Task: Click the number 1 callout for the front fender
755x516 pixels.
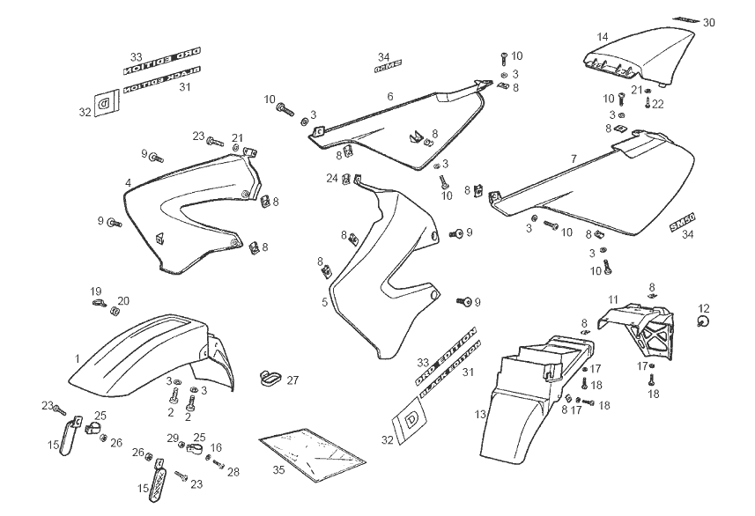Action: (x=78, y=358)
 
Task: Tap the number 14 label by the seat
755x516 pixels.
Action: (x=603, y=37)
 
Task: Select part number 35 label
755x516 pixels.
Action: (x=278, y=470)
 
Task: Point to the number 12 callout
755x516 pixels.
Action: (x=703, y=307)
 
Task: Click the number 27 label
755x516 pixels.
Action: (x=292, y=380)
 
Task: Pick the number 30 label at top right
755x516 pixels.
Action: (x=709, y=23)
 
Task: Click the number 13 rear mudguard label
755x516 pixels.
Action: (x=480, y=413)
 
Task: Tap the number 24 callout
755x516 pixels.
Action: (x=331, y=179)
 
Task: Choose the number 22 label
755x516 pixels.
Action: (x=658, y=104)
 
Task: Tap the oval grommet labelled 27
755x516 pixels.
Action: (x=270, y=379)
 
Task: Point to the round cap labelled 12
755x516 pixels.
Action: (x=703, y=322)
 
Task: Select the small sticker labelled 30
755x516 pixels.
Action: (x=685, y=18)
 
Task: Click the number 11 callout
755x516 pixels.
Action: (x=613, y=299)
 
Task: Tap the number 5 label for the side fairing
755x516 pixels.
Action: (x=325, y=302)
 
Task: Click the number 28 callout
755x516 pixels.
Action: (x=233, y=472)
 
